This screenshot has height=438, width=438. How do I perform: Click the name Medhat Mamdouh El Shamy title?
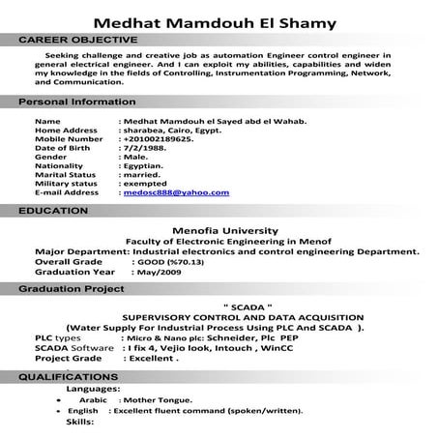coord(219,22)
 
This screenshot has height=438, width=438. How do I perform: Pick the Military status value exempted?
coord(150,183)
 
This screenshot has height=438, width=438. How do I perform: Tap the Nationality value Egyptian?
coord(148,165)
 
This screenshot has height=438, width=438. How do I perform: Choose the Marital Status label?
coord(68,174)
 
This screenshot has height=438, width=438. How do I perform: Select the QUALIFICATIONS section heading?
coord(68,375)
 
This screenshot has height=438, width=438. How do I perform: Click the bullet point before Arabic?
coord(59,398)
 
